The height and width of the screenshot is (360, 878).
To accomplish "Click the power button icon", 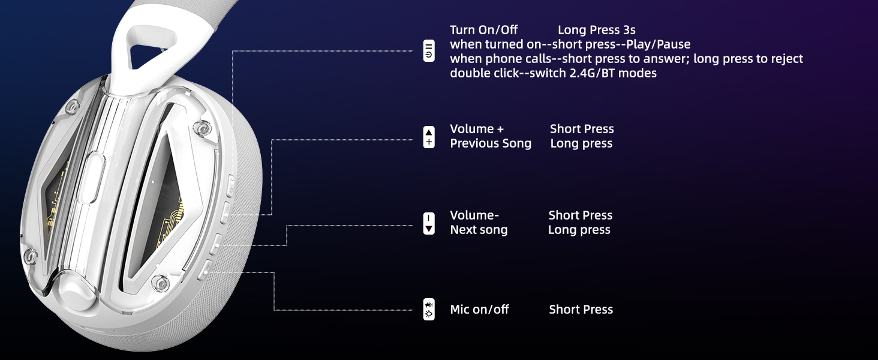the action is coord(429,51).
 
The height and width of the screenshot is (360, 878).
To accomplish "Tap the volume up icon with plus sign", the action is coord(429,137).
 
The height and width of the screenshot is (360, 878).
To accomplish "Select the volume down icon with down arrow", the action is coord(429,224).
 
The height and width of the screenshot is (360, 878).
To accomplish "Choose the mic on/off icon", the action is coord(429,310).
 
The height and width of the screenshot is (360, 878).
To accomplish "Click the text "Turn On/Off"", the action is coord(484,30).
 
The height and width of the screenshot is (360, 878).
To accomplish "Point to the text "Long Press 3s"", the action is coord(597,30).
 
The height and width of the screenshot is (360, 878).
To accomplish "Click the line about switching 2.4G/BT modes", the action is coord(553,73).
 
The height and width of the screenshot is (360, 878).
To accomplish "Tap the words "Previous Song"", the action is coord(491,143).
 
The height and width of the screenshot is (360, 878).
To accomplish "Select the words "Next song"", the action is coord(479,230).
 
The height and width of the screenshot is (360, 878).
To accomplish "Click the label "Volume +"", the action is coord(477,129).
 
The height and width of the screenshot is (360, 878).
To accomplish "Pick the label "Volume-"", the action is coord(474,215).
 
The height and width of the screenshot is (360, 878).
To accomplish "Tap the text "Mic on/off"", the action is coord(479,310).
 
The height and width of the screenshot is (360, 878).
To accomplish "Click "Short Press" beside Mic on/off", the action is coord(581,310).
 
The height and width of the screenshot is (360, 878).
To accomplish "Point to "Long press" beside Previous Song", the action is coord(581,143).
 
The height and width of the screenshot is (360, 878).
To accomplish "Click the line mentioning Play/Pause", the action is coord(570,44).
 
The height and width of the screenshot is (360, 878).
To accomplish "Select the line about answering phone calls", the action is coord(626,59).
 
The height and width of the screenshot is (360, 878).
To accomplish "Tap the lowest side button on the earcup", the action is coord(205,270).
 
